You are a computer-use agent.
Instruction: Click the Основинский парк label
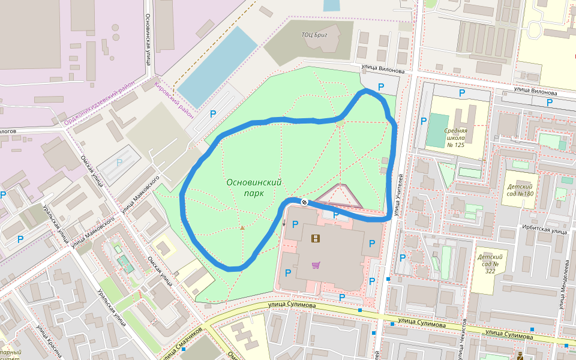click(x=254, y=188)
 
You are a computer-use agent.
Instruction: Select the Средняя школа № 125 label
click(x=455, y=137)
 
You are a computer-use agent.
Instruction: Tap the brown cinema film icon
click(x=316, y=238)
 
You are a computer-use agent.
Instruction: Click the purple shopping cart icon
click(x=316, y=265)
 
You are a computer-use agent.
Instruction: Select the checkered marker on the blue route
click(x=304, y=202)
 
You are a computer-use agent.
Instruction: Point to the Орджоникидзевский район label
click(x=100, y=105)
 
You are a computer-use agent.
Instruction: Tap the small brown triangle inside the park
click(x=242, y=227)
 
